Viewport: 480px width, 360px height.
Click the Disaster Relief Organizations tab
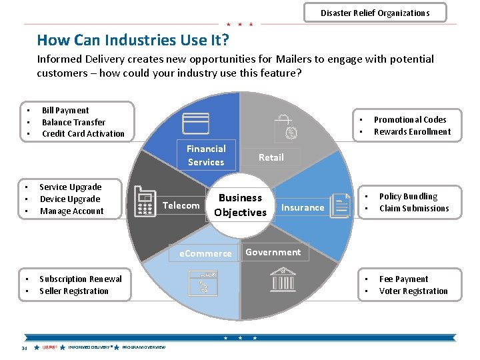pos(375,13)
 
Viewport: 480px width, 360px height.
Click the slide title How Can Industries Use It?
pos(133,40)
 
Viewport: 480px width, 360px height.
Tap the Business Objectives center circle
pos(240,205)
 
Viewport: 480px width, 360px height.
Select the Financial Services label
pos(206,155)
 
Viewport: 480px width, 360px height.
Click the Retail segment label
pos(271,157)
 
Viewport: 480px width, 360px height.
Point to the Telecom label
pos(181,205)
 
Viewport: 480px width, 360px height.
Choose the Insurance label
pos(303,207)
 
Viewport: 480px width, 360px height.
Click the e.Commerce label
pos(205,253)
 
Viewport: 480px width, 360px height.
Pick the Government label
pos(273,252)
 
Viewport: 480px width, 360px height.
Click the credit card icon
pos(196,124)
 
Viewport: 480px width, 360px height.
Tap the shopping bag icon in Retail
pos(287,127)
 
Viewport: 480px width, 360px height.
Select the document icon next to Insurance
pos(341,205)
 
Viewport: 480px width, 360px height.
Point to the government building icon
pos(283,280)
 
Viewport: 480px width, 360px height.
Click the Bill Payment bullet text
pos(65,111)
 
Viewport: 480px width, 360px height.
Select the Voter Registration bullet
pos(413,291)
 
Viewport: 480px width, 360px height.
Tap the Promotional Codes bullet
pos(410,120)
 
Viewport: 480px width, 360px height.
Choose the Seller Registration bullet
pos(74,291)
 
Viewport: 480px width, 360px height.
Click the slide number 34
pos(24,348)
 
